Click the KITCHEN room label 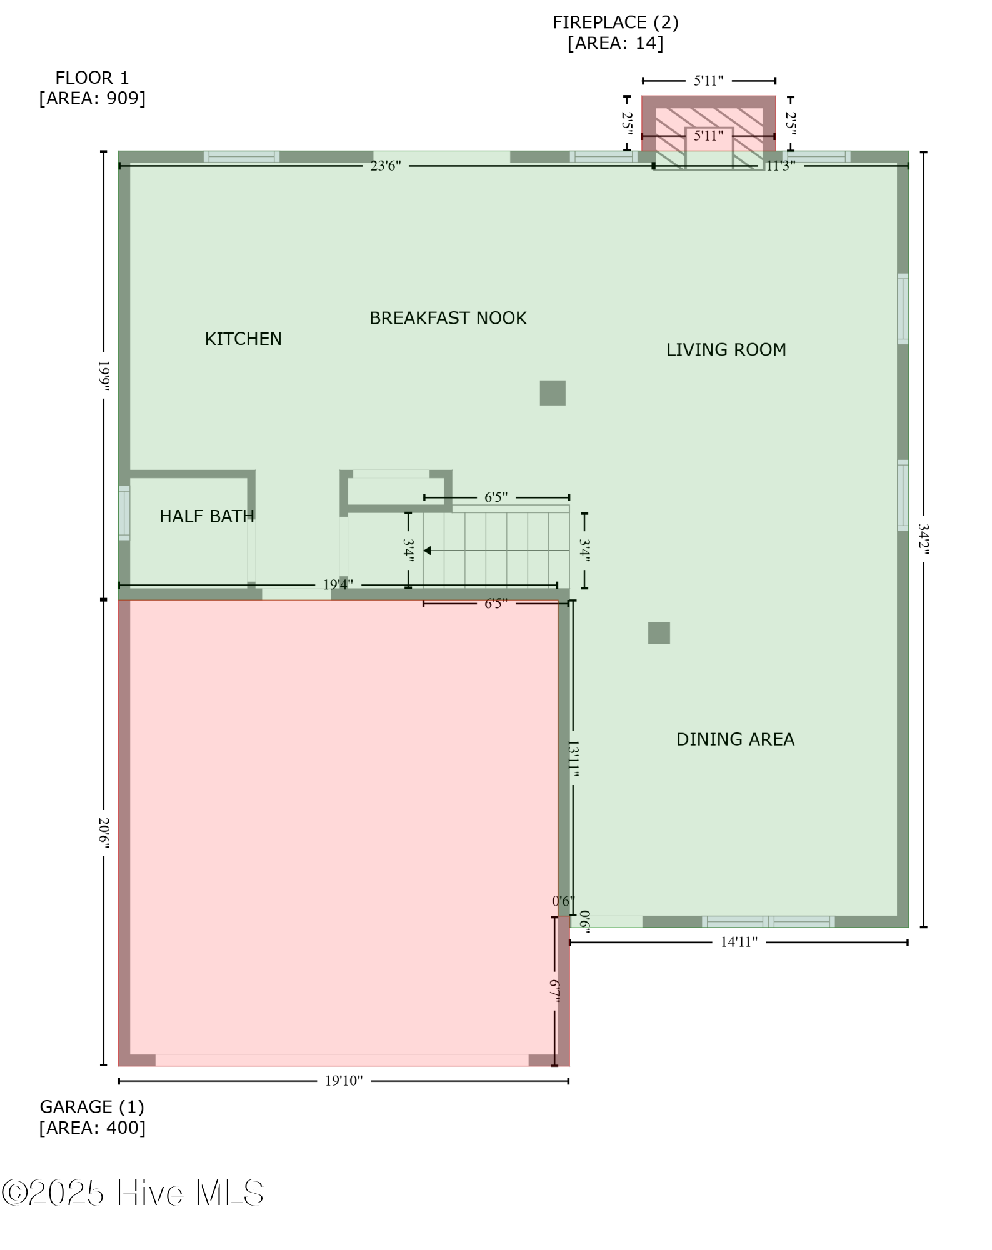coord(243,339)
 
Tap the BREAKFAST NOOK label coord(448,318)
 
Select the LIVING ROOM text coord(726,349)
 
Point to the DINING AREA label coord(735,739)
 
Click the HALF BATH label coord(206,516)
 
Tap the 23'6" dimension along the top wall coord(385,166)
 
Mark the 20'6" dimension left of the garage coord(104,833)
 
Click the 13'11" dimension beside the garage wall coord(573,759)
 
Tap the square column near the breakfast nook coord(553,393)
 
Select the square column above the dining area coord(659,633)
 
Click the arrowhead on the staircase coord(428,551)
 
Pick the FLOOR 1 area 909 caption coord(92,88)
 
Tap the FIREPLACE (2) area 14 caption coord(615,32)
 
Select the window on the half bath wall coord(124,512)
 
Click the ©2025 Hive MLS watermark coord(133,1192)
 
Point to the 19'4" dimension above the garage coord(338,585)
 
